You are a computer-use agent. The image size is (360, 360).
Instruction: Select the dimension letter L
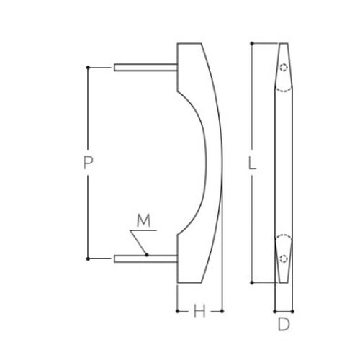(x=251, y=163)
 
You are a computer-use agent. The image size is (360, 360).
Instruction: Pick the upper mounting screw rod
(x=145, y=68)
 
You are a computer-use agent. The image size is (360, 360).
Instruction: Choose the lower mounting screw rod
(x=145, y=258)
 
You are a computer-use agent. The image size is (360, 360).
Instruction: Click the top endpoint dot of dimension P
(x=88, y=68)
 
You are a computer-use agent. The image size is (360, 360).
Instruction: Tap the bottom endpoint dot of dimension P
(x=88, y=258)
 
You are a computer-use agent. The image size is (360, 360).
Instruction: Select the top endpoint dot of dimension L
(x=251, y=43)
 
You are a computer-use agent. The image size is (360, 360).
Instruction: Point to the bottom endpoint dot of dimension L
(x=251, y=283)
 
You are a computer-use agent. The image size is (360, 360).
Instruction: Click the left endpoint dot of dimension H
(x=177, y=311)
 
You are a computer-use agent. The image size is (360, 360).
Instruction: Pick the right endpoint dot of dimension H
(x=222, y=311)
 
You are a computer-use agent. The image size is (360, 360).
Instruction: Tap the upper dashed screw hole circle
(x=284, y=69)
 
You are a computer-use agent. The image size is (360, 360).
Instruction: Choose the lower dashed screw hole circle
(x=284, y=256)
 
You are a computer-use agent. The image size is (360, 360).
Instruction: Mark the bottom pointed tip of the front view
(x=284, y=282)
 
